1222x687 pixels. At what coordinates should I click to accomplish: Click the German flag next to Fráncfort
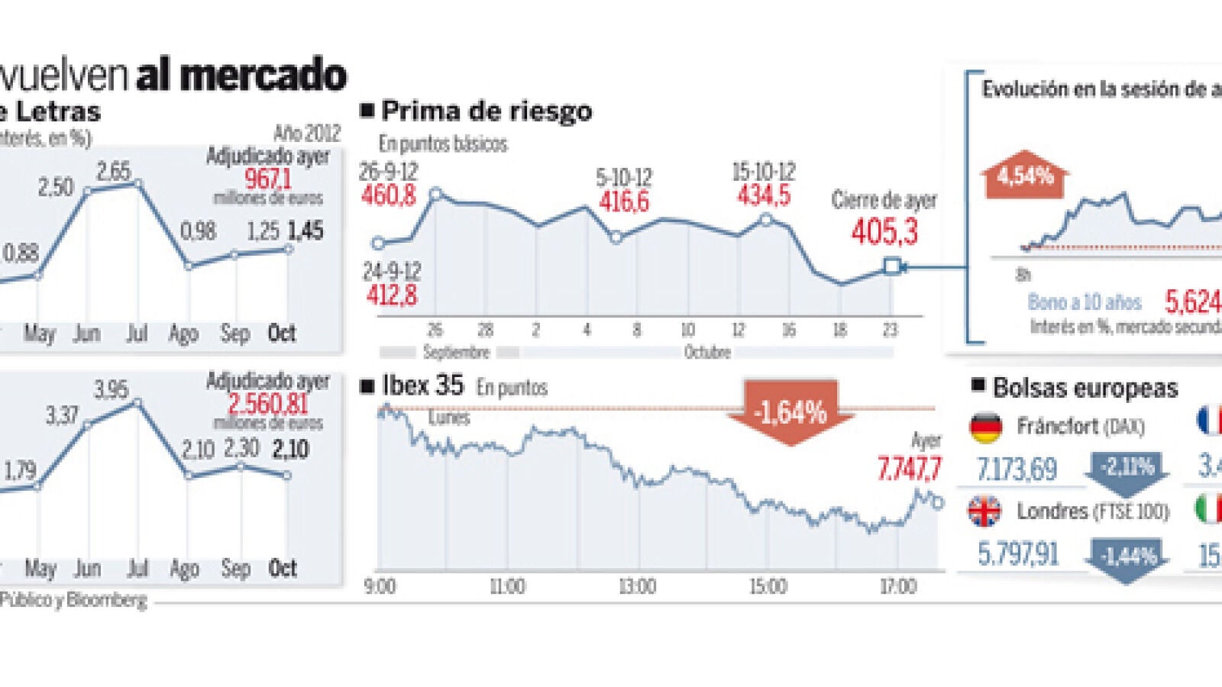point(986,427)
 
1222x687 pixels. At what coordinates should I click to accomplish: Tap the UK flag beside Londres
point(985,511)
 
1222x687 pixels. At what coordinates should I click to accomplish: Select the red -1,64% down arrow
point(790,413)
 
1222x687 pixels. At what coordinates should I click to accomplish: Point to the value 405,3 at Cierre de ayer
point(884,231)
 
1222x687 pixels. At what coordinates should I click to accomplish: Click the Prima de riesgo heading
point(486,111)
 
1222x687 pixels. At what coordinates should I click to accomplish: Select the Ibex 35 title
point(422,386)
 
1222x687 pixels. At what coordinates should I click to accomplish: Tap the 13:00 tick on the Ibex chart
point(637,587)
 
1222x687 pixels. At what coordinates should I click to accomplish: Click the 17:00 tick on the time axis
point(897,587)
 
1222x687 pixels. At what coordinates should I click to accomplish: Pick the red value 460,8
point(389,196)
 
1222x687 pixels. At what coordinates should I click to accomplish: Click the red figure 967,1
point(267,179)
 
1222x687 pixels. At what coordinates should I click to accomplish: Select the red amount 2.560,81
point(267,404)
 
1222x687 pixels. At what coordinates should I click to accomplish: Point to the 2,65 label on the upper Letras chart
point(114,171)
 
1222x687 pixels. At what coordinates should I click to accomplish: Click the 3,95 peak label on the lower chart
point(112,390)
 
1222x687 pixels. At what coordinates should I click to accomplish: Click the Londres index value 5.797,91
point(1018,553)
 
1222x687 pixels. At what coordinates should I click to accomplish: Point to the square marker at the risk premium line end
point(891,266)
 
